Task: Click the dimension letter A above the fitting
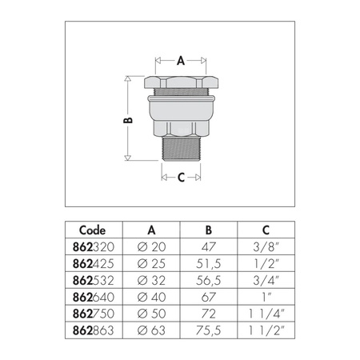click(x=180, y=60)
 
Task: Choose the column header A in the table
click(x=152, y=229)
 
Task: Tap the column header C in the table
click(x=262, y=229)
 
